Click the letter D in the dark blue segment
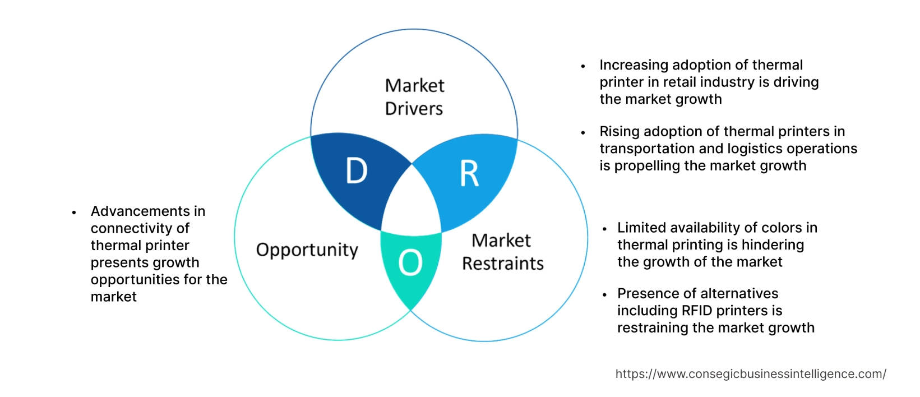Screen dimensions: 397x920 click(x=357, y=170)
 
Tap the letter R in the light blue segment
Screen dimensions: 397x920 click(x=469, y=174)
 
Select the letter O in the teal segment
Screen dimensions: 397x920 click(x=410, y=262)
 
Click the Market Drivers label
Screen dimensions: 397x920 click(x=414, y=97)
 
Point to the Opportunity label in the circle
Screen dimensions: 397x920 click(x=307, y=250)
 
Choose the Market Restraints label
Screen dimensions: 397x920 click(x=502, y=252)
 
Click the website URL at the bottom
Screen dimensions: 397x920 click(x=751, y=374)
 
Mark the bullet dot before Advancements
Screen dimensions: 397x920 click(x=74, y=213)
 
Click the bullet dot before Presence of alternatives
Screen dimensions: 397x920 click(x=604, y=295)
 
